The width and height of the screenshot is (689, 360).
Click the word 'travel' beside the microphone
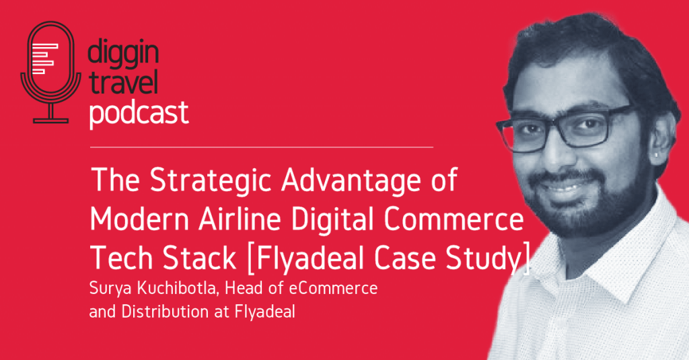pyautogui.click(x=122, y=84)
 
